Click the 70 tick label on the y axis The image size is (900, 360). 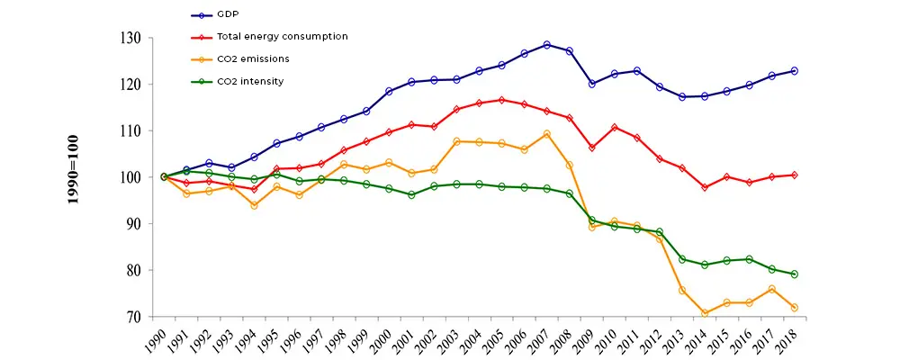coord(135,317)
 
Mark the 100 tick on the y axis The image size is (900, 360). coord(131,177)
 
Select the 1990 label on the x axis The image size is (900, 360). coord(156,339)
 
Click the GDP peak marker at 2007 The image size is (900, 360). coord(546,44)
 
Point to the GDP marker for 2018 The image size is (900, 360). coord(795,70)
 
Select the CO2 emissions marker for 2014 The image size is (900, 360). coord(705,313)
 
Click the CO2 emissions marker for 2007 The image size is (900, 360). coord(546,134)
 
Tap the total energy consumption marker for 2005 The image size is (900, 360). coord(501,100)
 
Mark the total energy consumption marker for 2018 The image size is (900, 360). coord(795,175)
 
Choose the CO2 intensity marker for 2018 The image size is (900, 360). coord(795,274)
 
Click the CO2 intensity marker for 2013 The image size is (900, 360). coord(682,259)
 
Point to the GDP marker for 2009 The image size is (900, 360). coord(591,84)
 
